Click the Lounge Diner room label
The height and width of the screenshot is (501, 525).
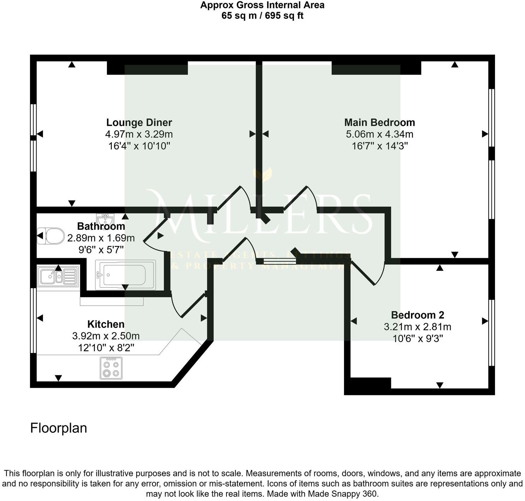pyautogui.click(x=139, y=123)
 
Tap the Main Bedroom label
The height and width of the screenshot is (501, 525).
pyautogui.click(x=379, y=123)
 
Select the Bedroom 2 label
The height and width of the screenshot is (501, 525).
pyautogui.click(x=417, y=315)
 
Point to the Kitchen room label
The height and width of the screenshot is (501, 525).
pyautogui.click(x=106, y=324)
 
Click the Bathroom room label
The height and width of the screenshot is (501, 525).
pyautogui.click(x=101, y=226)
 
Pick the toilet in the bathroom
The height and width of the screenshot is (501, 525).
pyautogui.click(x=51, y=235)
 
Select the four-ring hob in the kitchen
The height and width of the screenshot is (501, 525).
pyautogui.click(x=111, y=368)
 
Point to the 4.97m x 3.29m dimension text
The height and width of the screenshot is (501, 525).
pyautogui.click(x=139, y=134)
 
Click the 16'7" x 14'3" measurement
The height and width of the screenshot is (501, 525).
pyautogui.click(x=380, y=146)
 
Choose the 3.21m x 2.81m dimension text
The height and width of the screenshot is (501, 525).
pyautogui.click(x=417, y=327)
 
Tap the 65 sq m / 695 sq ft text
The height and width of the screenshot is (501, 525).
pyautogui.click(x=262, y=16)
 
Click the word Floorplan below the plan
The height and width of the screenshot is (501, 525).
pyautogui.click(x=59, y=428)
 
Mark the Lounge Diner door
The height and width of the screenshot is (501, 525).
pyautogui.click(x=234, y=198)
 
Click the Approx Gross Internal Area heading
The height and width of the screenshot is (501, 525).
pyautogui.click(x=262, y=5)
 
